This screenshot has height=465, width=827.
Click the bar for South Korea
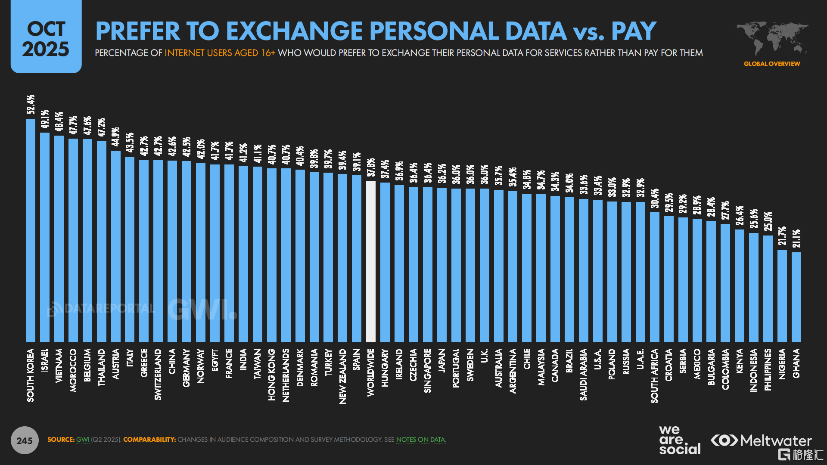(x=31, y=230)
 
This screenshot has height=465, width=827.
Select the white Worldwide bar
(x=371, y=261)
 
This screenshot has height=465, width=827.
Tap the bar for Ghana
(x=796, y=297)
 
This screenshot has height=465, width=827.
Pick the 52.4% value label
(x=31, y=105)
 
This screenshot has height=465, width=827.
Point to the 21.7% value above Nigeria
(x=782, y=236)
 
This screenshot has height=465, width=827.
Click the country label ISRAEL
(x=45, y=360)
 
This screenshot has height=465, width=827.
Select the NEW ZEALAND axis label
(x=342, y=376)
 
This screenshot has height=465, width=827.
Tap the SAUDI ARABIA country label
(x=583, y=375)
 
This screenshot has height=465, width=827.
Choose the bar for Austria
(x=116, y=246)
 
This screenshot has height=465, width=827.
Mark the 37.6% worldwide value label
(x=371, y=167)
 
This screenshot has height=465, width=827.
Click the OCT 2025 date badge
(x=46, y=37)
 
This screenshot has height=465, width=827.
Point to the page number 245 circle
(x=25, y=440)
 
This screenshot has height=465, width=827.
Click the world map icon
(x=772, y=38)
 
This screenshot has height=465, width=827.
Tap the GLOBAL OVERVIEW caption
(x=772, y=64)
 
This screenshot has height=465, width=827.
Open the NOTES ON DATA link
(x=420, y=440)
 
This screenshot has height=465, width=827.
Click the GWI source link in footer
(x=83, y=440)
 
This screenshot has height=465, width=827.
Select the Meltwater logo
(x=761, y=440)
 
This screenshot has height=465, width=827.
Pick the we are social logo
(x=680, y=440)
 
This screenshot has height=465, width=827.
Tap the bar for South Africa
(x=655, y=277)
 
